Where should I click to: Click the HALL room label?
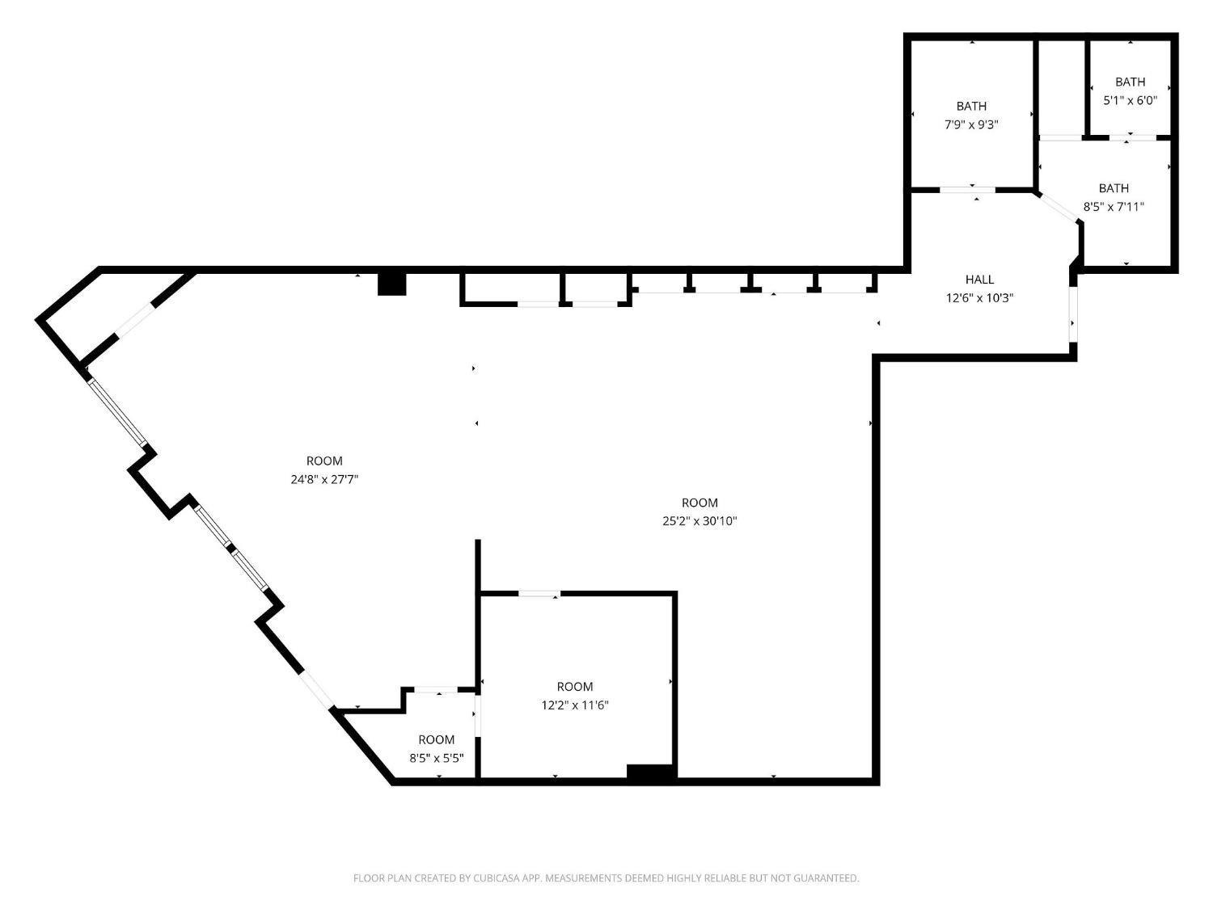979,280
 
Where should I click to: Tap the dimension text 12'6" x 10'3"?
979,297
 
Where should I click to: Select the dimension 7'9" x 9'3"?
971,124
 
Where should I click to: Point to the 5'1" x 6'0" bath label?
1130,100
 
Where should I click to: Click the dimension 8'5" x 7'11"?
1114,206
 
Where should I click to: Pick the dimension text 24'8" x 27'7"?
323,479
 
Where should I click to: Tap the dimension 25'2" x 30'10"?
699,521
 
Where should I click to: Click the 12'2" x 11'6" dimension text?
575,705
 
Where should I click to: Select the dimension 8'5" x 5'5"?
436,758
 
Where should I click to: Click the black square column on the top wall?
392,284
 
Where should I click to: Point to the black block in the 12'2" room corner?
651,772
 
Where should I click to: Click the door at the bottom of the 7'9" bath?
967,190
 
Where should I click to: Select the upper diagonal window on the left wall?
118,411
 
